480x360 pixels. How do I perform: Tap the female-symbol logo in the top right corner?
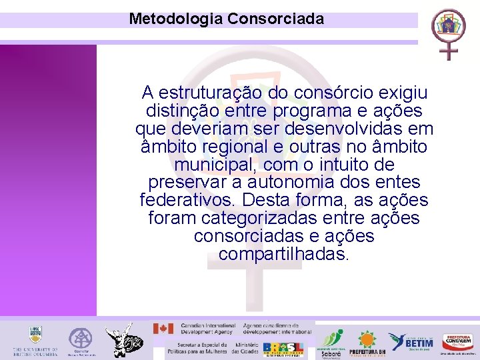tap(448, 33)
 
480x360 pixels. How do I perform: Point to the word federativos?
tap(188, 201)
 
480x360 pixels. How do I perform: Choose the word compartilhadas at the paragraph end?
tap(283, 255)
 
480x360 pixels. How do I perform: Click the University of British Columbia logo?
tap(35, 341)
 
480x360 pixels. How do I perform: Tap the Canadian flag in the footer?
tap(163, 328)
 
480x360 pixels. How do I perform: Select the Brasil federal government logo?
tap(283, 349)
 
